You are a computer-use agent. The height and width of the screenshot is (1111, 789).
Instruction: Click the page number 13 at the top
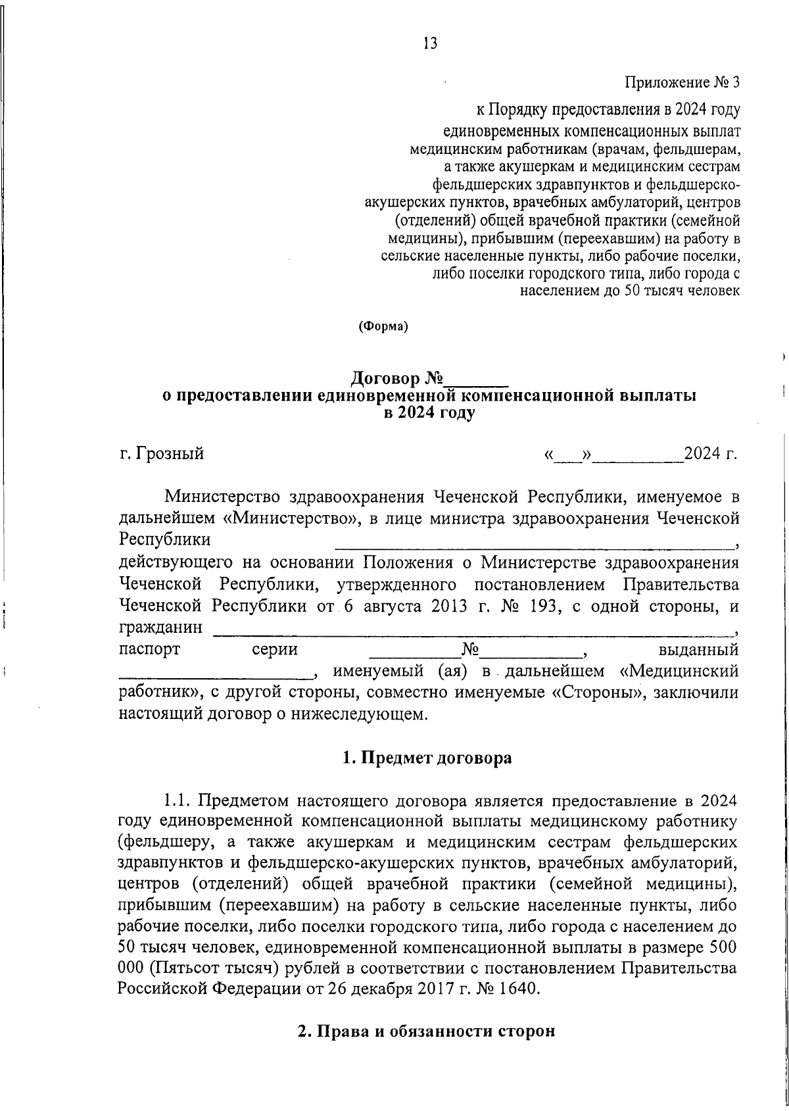point(431,44)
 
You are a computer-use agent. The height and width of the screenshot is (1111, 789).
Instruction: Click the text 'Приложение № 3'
point(682,83)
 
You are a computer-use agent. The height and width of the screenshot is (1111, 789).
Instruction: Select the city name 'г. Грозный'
point(162,453)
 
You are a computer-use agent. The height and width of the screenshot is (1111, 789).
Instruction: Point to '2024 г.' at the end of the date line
point(711,453)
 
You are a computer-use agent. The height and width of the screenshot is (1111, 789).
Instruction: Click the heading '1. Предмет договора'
point(427,758)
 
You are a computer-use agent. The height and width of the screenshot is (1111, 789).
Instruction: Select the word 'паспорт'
point(149,650)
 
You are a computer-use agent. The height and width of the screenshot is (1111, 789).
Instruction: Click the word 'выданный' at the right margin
point(698,650)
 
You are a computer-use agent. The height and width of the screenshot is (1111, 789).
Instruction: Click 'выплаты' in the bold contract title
point(658,397)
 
